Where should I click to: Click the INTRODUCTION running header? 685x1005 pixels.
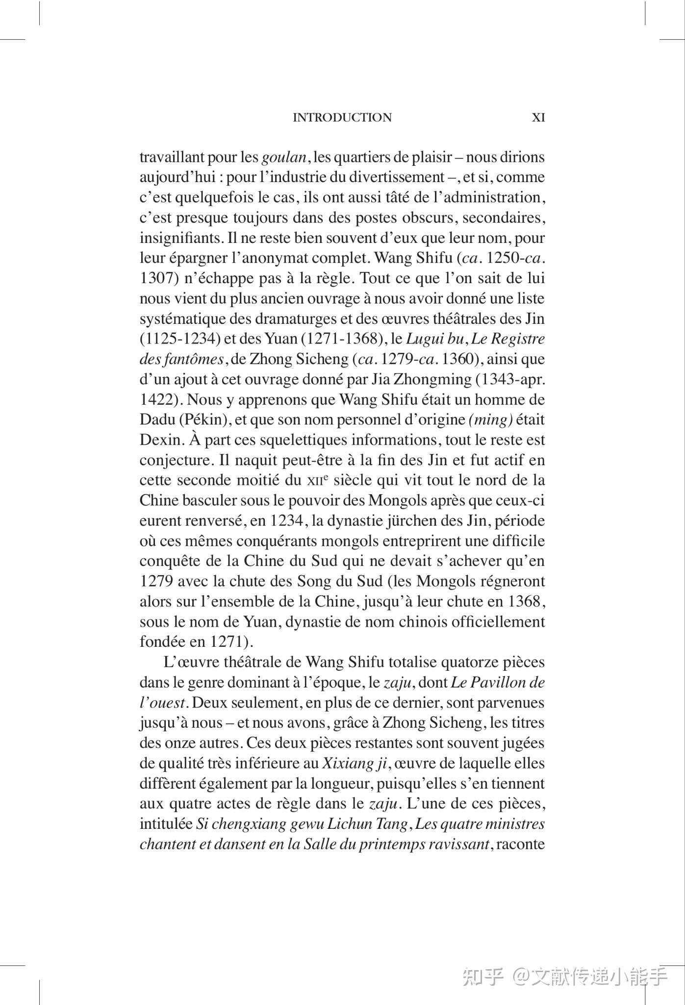point(342,118)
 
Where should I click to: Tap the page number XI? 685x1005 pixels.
point(538,118)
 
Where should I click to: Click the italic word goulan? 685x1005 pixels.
point(284,158)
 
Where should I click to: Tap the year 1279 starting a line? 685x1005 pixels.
point(156,582)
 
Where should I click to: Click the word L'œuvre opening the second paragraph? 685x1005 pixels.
point(192,662)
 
